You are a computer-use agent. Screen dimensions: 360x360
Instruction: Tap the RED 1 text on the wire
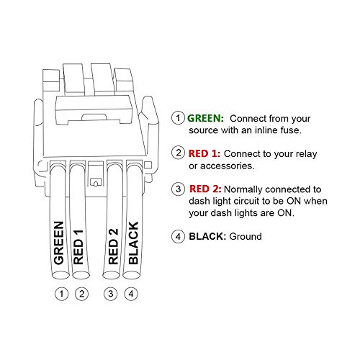point(79,246)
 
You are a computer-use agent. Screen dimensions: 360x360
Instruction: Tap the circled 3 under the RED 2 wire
point(112,293)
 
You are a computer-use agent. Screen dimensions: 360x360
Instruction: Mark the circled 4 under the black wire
point(131,293)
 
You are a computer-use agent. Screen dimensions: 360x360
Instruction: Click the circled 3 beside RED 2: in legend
point(177,189)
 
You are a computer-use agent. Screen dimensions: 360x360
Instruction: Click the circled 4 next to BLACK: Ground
point(177,236)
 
